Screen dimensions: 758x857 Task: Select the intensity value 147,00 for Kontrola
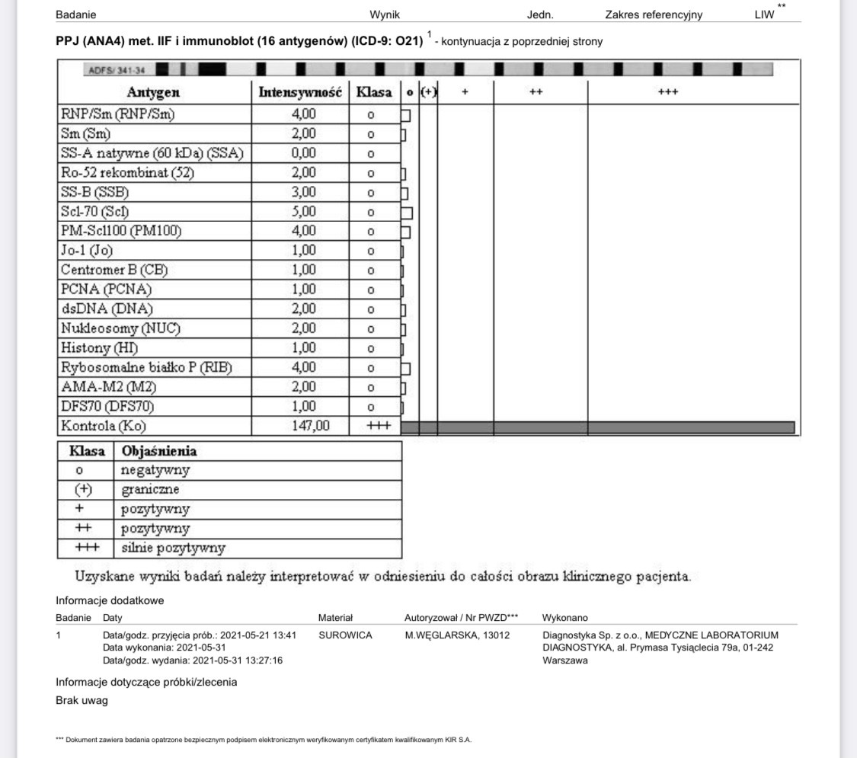pos(310,426)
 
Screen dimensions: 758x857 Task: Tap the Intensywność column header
pos(300,93)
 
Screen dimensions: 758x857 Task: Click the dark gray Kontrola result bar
pos(597,427)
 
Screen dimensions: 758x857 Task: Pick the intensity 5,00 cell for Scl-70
pos(303,212)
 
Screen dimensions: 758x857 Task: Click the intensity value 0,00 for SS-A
pos(303,153)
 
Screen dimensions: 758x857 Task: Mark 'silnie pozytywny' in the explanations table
pos(173,548)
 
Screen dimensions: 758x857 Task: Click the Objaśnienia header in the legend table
pos(158,451)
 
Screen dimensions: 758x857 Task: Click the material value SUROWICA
pos(345,635)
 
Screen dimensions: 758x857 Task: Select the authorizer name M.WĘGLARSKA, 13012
pos(457,635)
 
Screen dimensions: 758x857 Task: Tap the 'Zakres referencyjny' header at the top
pos(654,14)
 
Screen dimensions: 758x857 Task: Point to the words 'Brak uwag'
pos(82,701)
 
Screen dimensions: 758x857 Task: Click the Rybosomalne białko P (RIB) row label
pos(145,368)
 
